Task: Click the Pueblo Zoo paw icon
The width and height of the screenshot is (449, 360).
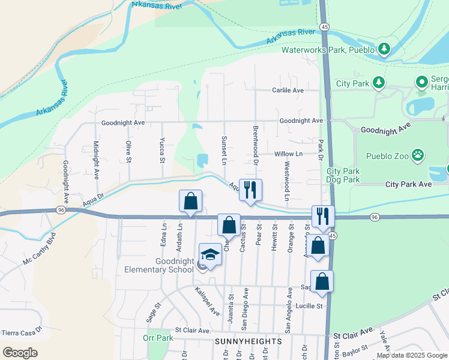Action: [418, 157]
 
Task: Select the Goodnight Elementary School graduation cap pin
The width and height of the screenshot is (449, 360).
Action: [210, 256]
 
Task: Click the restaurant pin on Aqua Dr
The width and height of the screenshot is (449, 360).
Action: [250, 190]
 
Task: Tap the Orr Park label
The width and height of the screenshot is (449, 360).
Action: [158, 338]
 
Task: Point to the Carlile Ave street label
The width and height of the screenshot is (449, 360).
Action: [288, 90]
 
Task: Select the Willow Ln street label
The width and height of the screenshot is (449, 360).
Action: [289, 154]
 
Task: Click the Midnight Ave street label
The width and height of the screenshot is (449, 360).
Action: [96, 160]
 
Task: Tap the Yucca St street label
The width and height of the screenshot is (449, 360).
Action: [161, 152]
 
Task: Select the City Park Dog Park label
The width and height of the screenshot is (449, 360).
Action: [343, 175]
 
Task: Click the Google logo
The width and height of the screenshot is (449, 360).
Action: [20, 352]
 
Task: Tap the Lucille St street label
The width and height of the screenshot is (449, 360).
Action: [308, 306]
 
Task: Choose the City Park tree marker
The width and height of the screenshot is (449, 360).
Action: [379, 82]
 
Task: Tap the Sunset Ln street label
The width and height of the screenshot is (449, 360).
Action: [223, 151]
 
